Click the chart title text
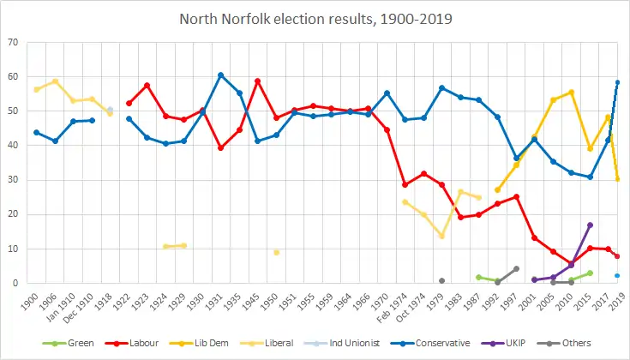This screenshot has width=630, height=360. coord(315,18)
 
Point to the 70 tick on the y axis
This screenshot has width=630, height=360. coord(15,42)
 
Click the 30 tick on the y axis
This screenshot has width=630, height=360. coord(15,180)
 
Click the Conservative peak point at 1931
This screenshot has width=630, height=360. coord(220,75)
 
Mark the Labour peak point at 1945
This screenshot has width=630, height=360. coord(257,81)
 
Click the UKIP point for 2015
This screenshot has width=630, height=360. coord(590,225)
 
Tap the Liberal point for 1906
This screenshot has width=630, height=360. coord(55,81)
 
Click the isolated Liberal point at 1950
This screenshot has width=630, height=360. coord(276,252)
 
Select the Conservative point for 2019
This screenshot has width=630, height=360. coord(617,82)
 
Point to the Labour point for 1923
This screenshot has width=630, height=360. coord(147,85)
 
